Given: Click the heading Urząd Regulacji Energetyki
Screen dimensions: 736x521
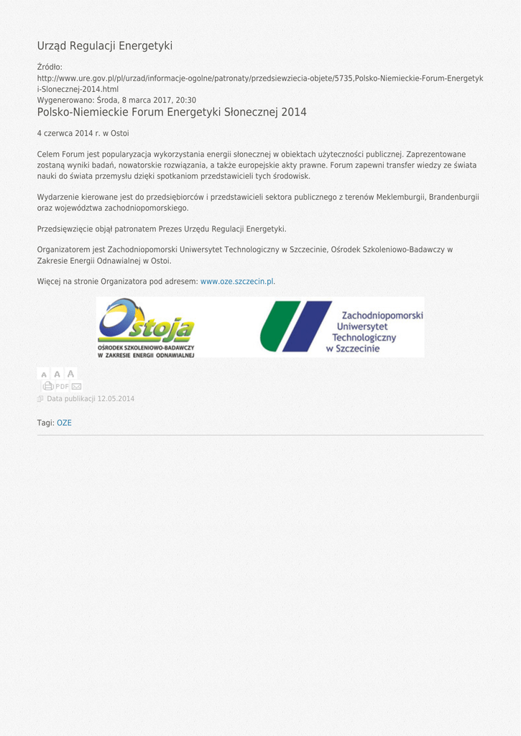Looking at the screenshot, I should (x=105, y=46).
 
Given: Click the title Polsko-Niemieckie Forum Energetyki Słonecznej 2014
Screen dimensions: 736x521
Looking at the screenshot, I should (x=172, y=112).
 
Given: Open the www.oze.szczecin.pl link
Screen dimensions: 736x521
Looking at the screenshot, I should (x=236, y=282).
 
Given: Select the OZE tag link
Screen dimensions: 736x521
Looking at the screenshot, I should (x=64, y=423).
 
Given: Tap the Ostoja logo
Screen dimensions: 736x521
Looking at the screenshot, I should (x=147, y=328).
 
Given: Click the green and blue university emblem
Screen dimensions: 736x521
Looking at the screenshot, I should (x=295, y=327).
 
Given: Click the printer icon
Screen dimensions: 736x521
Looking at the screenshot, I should (x=48, y=387).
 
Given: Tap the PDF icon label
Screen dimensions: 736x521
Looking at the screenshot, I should (x=62, y=387).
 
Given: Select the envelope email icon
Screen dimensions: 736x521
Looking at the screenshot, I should (x=76, y=387).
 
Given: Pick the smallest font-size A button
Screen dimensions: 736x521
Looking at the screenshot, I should (x=44, y=374).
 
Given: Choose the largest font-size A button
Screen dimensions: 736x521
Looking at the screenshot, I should (x=70, y=374).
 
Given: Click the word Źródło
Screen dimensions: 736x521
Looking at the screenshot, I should (x=50, y=68).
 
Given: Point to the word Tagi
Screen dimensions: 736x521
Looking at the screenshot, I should (x=45, y=423).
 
